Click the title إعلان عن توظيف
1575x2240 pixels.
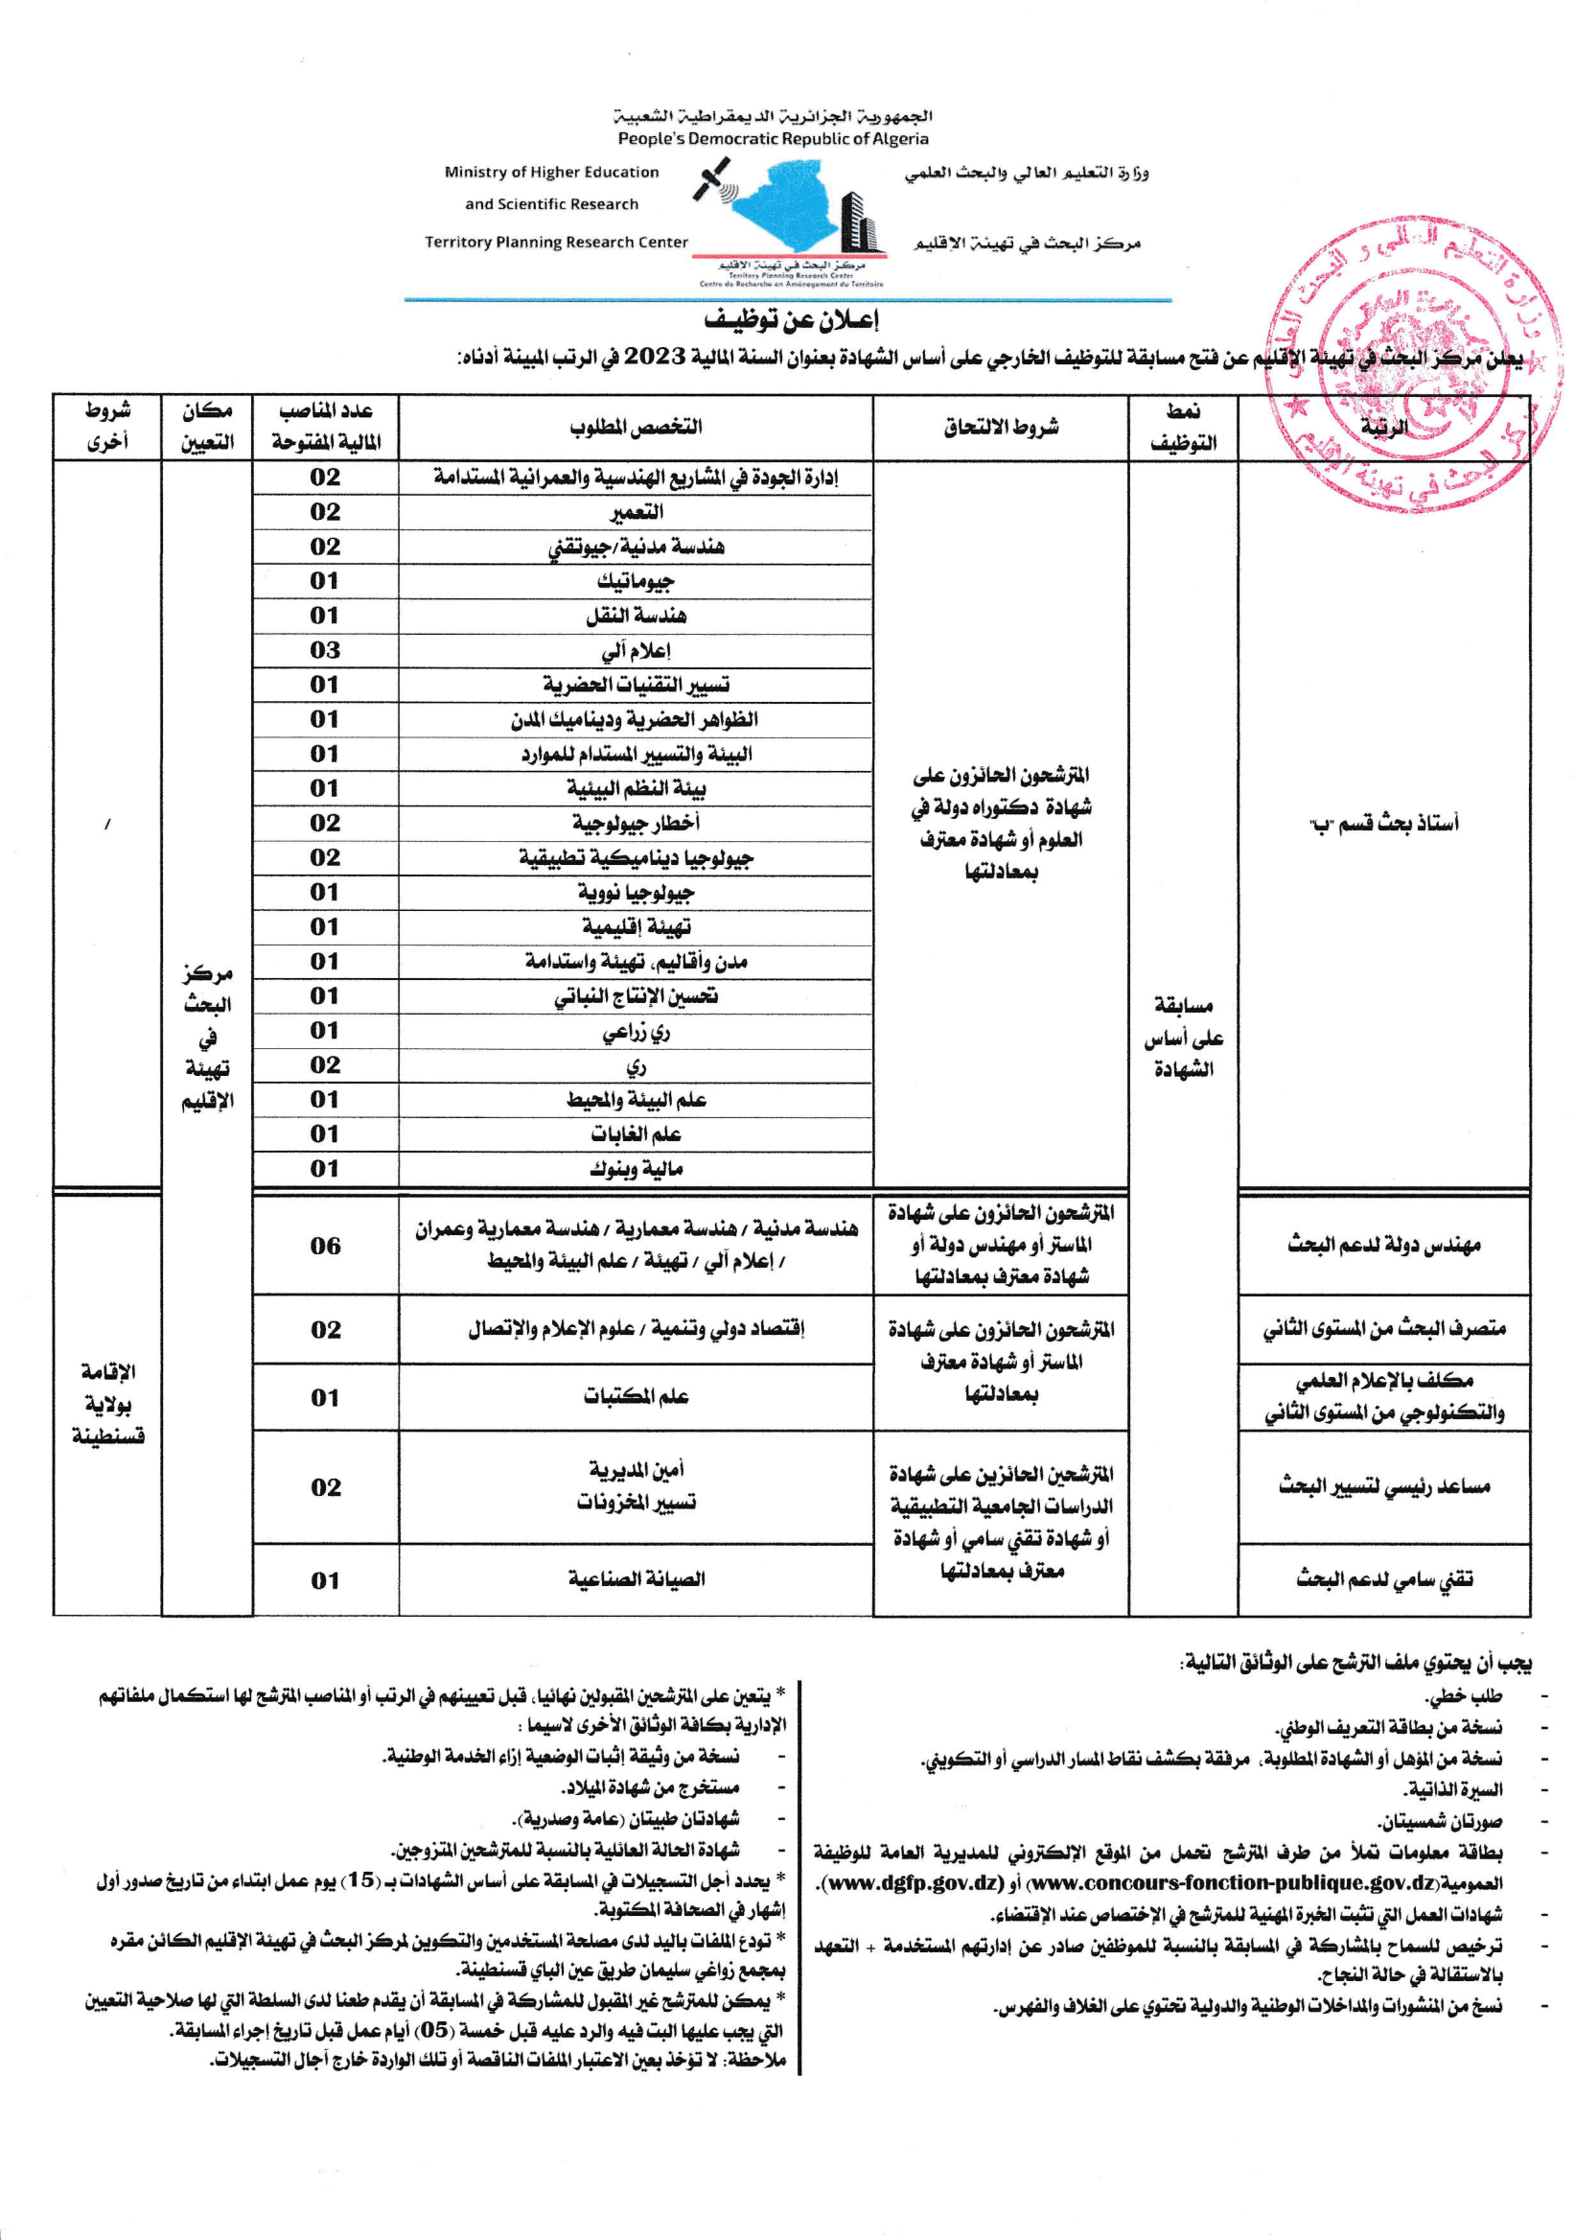coord(791,320)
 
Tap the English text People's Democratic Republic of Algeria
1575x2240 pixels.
coord(773,138)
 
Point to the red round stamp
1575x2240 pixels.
coord(1413,366)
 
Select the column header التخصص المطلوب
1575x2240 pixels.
coord(636,428)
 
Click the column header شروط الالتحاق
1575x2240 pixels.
coord(1001,428)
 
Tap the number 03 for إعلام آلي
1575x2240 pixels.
coord(325,650)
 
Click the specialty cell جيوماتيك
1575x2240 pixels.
coord(636,581)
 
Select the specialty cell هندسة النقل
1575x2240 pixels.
coord(636,616)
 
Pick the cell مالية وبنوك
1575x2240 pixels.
coord(636,1169)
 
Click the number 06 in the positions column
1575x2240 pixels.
coord(325,1246)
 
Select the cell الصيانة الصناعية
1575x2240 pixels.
coord(636,1578)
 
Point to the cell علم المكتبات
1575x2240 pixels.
coord(636,1397)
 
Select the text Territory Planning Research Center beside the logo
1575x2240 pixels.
coord(556,242)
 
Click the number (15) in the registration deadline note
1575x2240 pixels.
coord(360,1880)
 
